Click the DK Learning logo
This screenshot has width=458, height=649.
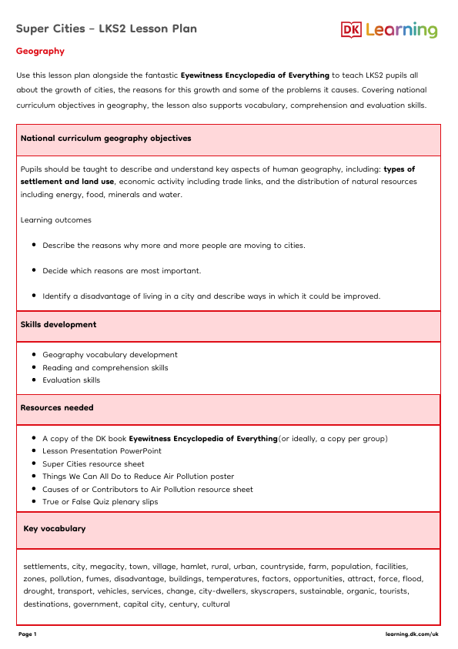389,30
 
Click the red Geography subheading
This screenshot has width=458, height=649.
40,52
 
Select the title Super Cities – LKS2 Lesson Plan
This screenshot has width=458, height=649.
106,29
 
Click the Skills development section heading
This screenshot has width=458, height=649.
59,325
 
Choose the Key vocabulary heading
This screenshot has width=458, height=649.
55,529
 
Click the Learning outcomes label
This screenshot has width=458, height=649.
55,220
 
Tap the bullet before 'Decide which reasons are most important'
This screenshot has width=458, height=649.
35,271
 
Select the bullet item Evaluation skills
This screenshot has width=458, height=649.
71,380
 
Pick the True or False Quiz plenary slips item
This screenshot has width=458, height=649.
100,502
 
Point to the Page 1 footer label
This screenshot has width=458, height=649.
27,634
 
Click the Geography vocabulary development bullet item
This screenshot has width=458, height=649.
110,355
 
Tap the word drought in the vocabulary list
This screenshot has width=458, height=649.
39,591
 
